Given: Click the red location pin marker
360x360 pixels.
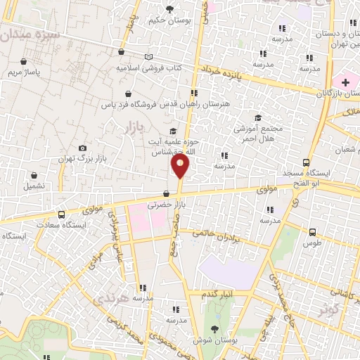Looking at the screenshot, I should click(x=180, y=167).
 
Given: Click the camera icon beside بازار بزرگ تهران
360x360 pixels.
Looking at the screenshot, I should click(x=83, y=148).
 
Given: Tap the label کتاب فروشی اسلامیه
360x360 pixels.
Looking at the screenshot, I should click(x=148, y=69).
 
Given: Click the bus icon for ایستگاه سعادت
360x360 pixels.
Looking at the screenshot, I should click(x=62, y=215).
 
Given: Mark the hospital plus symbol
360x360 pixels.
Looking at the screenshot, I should click(x=346, y=82).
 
